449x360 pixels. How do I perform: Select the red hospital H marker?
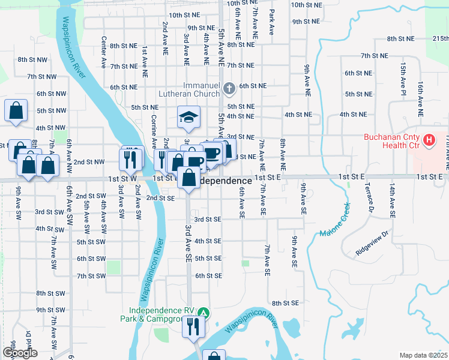(429, 141)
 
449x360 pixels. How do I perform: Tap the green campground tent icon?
(205, 313)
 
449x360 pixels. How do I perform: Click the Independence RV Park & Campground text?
(163, 315)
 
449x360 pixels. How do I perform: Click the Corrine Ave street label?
(154, 130)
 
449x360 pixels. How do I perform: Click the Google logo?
(19, 352)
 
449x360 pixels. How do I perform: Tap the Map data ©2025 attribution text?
(423, 355)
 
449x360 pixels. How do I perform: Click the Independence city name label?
(224, 181)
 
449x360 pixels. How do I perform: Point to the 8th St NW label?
(32, 59)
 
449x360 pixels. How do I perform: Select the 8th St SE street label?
(285, 304)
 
